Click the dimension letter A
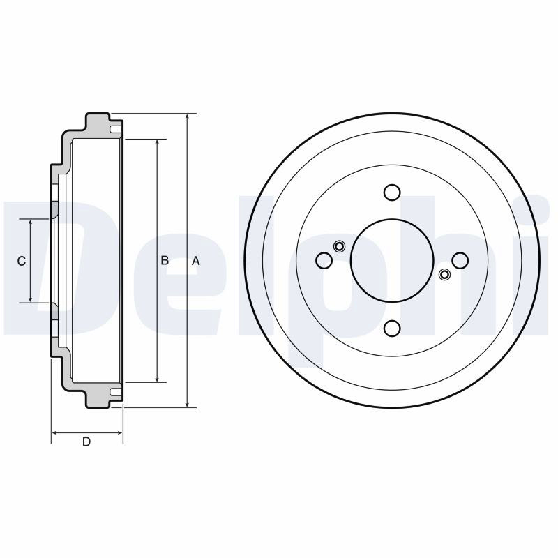(x=196, y=261)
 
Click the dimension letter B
(x=165, y=260)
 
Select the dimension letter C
(x=22, y=261)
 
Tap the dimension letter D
(x=86, y=442)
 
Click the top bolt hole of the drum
(x=392, y=193)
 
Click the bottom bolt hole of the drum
(x=392, y=328)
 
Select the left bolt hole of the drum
(x=324, y=260)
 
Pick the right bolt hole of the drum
(x=460, y=260)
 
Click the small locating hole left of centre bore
(x=339, y=246)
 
